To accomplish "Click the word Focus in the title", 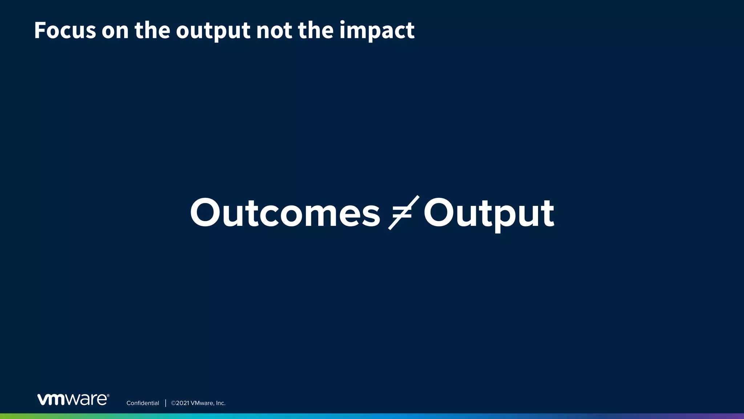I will pyautogui.click(x=65, y=30).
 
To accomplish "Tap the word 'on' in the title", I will pyautogui.click(x=115, y=31).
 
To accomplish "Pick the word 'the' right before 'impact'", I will pyautogui.click(x=315, y=30).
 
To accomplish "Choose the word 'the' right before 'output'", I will pyautogui.click(x=152, y=30).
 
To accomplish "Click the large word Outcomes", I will pyautogui.click(x=285, y=213).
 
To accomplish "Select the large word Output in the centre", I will pyautogui.click(x=489, y=214).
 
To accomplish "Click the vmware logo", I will pyautogui.click(x=73, y=399).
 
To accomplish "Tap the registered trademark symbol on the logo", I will pyautogui.click(x=108, y=395).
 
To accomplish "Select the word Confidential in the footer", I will pyautogui.click(x=143, y=403).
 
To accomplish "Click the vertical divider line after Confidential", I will pyautogui.click(x=165, y=403).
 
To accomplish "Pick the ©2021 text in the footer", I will pyautogui.click(x=180, y=403).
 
